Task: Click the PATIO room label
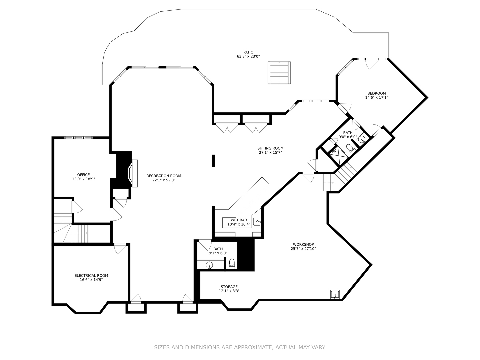[248, 52]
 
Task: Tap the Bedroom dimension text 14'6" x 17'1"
[376, 98]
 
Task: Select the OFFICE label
[83, 175]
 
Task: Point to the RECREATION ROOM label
[164, 176]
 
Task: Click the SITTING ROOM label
[270, 148]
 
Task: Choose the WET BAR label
[239, 220]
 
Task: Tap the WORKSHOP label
[303, 244]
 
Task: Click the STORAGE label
[229, 287]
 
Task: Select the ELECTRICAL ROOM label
[91, 276]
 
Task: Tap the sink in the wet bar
[257, 221]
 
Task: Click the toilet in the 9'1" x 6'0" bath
[232, 264]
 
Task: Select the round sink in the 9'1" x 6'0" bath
[209, 265]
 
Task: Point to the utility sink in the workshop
[335, 294]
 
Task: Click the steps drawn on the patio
[279, 73]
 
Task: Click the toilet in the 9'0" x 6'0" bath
[350, 148]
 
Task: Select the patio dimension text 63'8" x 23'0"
[248, 57]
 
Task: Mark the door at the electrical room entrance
[120, 248]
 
